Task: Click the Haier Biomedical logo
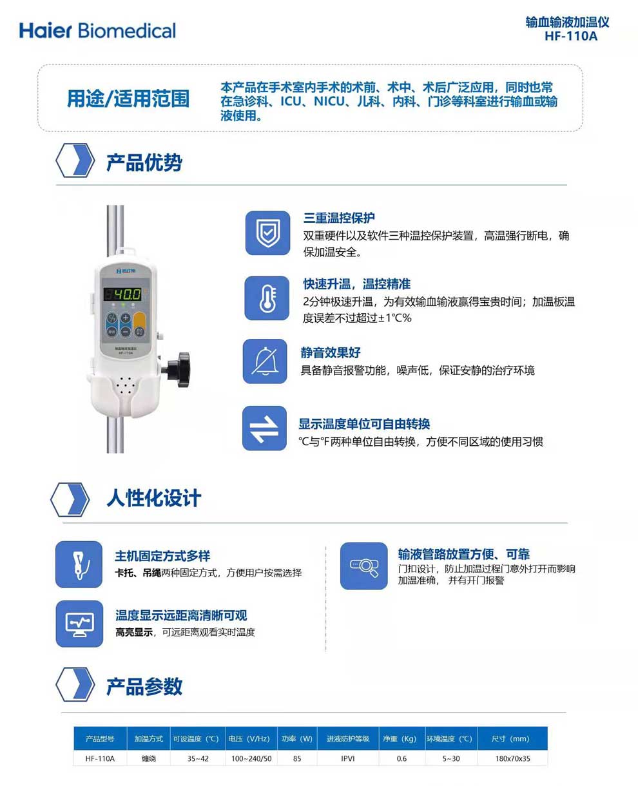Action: (x=97, y=31)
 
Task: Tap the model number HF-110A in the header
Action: (x=570, y=36)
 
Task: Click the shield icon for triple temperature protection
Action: (x=267, y=233)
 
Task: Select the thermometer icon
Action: (x=267, y=298)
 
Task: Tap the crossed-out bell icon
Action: (x=265, y=361)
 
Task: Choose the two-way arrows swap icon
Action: (x=264, y=428)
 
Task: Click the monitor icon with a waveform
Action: (x=79, y=624)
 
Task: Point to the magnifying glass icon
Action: (x=364, y=566)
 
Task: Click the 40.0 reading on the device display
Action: (x=127, y=294)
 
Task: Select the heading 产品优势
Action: (x=144, y=162)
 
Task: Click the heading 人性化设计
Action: (x=154, y=498)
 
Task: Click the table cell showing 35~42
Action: (x=198, y=758)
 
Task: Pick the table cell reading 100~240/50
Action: (x=251, y=758)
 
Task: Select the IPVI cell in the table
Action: (x=347, y=758)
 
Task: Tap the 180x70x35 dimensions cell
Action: (x=512, y=758)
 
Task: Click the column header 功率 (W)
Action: (x=297, y=738)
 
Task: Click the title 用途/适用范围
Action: (x=128, y=99)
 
